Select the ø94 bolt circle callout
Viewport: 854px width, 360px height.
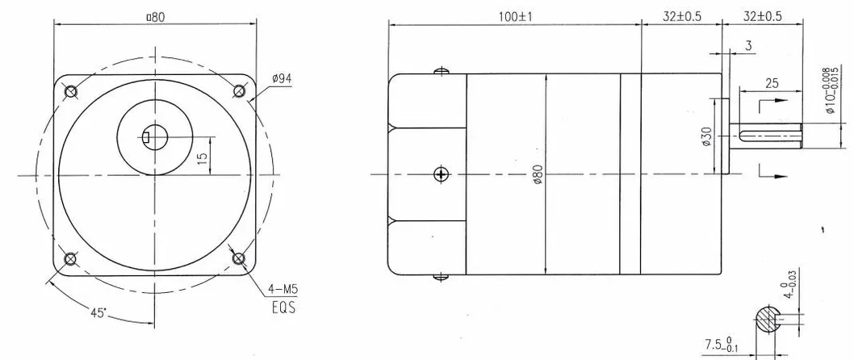point(282,78)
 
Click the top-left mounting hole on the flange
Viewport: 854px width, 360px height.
point(71,90)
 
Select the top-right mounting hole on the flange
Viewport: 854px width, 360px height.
point(239,90)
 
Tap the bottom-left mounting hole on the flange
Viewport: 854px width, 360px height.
point(71,258)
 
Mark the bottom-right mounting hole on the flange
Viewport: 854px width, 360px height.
point(239,258)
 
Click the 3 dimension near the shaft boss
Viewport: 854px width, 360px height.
point(748,48)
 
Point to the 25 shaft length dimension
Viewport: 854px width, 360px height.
point(771,83)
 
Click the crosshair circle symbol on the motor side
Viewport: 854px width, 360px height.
point(440,174)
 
